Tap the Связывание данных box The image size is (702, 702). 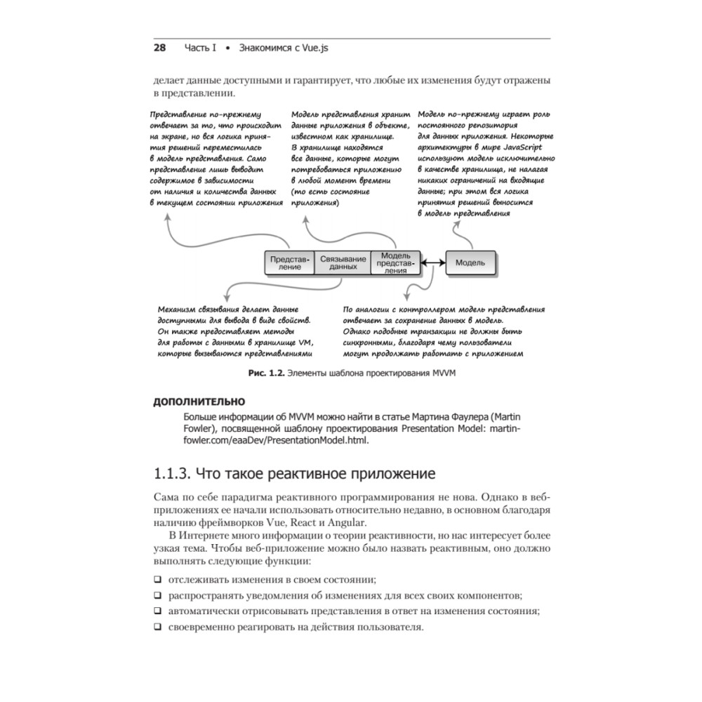tap(343, 263)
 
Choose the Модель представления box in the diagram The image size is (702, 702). tap(397, 263)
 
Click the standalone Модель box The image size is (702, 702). tap(470, 263)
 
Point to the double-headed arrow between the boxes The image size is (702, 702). tap(435, 263)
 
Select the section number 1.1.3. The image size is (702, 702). tap(171, 471)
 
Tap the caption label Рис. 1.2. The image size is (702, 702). tap(266, 374)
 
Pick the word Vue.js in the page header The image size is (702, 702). tap(313, 48)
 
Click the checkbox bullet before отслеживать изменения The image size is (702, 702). tap(157, 579)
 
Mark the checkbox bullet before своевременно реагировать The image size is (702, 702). tap(157, 626)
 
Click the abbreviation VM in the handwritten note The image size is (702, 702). tap(304, 343)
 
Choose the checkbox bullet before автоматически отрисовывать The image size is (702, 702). tap(157, 611)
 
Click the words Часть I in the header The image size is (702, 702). tap(200, 48)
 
